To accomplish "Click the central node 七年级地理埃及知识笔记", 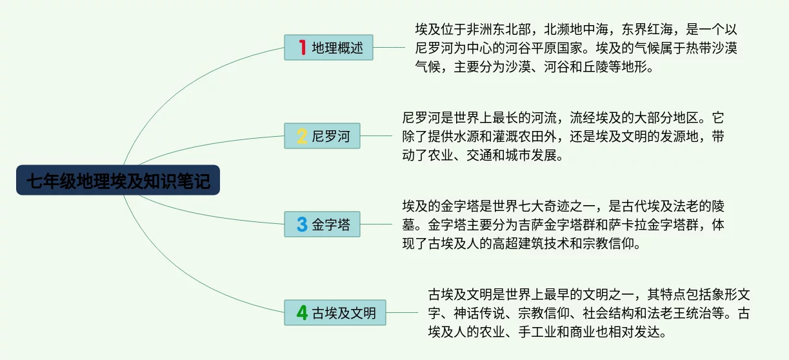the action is pos(118,180).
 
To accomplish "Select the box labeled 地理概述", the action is pos(328,48).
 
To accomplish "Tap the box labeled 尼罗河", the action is pos(323,136).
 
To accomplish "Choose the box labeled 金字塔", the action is pos(323,225).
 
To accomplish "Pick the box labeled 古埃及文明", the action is pos(335,313).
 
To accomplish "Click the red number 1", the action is pos(302,47).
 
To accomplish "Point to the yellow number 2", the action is pos(302,136).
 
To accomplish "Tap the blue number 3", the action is pos(302,225).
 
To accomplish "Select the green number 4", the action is pos(302,313).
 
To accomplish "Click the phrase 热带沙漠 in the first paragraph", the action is pos(712,48).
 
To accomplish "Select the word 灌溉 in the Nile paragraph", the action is pos(505,136).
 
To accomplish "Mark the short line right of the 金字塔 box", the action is pos(376,224).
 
